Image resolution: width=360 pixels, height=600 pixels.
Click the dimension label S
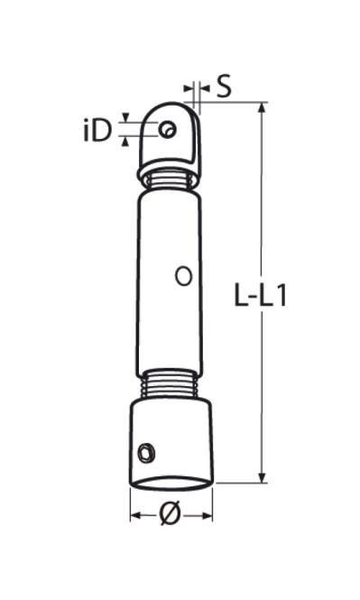click(x=224, y=86)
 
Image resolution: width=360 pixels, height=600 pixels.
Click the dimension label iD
click(x=98, y=131)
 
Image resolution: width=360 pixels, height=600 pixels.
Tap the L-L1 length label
click(x=260, y=295)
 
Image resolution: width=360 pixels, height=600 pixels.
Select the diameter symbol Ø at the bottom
click(x=170, y=514)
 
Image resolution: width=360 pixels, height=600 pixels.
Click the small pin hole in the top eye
click(x=168, y=129)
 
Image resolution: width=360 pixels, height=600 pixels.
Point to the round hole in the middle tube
click(x=184, y=275)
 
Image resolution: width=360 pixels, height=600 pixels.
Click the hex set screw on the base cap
click(x=146, y=453)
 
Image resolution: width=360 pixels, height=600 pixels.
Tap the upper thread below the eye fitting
click(x=169, y=180)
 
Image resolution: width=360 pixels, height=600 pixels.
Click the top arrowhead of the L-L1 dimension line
click(x=262, y=108)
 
